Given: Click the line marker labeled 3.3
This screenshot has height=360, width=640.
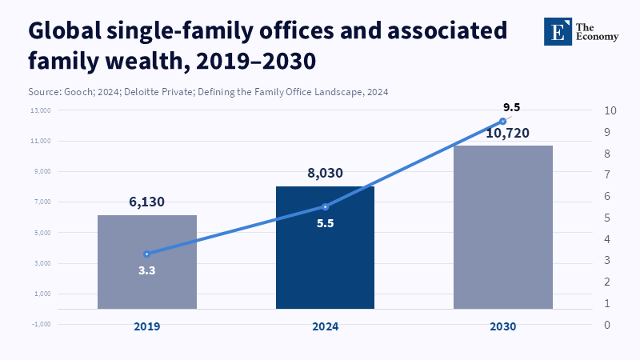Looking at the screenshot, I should point(146,254).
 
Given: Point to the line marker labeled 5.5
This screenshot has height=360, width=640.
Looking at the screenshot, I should point(325,207).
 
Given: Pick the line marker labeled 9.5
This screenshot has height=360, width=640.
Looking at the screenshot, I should point(503,122).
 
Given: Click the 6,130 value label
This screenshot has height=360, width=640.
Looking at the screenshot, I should point(147,202).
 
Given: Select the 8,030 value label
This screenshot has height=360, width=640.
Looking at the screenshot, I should point(325,172).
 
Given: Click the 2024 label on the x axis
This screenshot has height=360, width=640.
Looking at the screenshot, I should point(325,326).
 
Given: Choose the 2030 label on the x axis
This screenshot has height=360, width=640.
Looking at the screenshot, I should point(503,326).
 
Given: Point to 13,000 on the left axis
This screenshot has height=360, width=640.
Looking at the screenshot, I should point(41,110).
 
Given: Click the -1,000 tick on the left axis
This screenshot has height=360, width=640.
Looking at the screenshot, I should point(41,324).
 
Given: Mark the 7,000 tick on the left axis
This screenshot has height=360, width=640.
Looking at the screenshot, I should point(41,202).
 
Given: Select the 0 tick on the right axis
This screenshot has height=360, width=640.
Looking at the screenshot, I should point(609,325).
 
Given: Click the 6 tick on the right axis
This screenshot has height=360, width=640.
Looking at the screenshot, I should point(609,197).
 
